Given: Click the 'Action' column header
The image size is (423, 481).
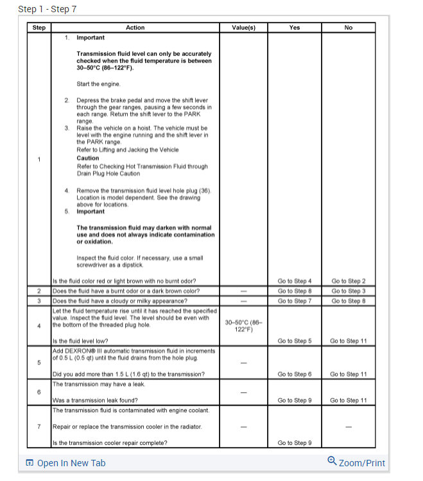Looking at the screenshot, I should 135,28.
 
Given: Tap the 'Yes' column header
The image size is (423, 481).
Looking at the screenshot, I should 295,28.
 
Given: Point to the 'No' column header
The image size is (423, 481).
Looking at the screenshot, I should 349,28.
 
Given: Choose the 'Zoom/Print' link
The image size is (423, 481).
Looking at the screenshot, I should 362,463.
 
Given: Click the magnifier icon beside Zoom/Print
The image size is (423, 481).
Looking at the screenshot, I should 332,461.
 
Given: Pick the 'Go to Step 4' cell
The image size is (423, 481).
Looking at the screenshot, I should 295,281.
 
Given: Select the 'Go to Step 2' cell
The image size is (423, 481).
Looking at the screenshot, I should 349,281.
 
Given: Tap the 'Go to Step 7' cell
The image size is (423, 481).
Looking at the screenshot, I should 295,300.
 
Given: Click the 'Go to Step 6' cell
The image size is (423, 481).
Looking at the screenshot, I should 295,374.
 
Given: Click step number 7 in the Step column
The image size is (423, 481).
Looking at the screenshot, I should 39,426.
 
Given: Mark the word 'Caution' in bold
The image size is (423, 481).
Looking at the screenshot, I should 88,158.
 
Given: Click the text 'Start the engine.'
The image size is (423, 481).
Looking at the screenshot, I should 98,83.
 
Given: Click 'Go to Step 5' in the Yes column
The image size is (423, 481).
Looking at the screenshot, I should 295,341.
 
